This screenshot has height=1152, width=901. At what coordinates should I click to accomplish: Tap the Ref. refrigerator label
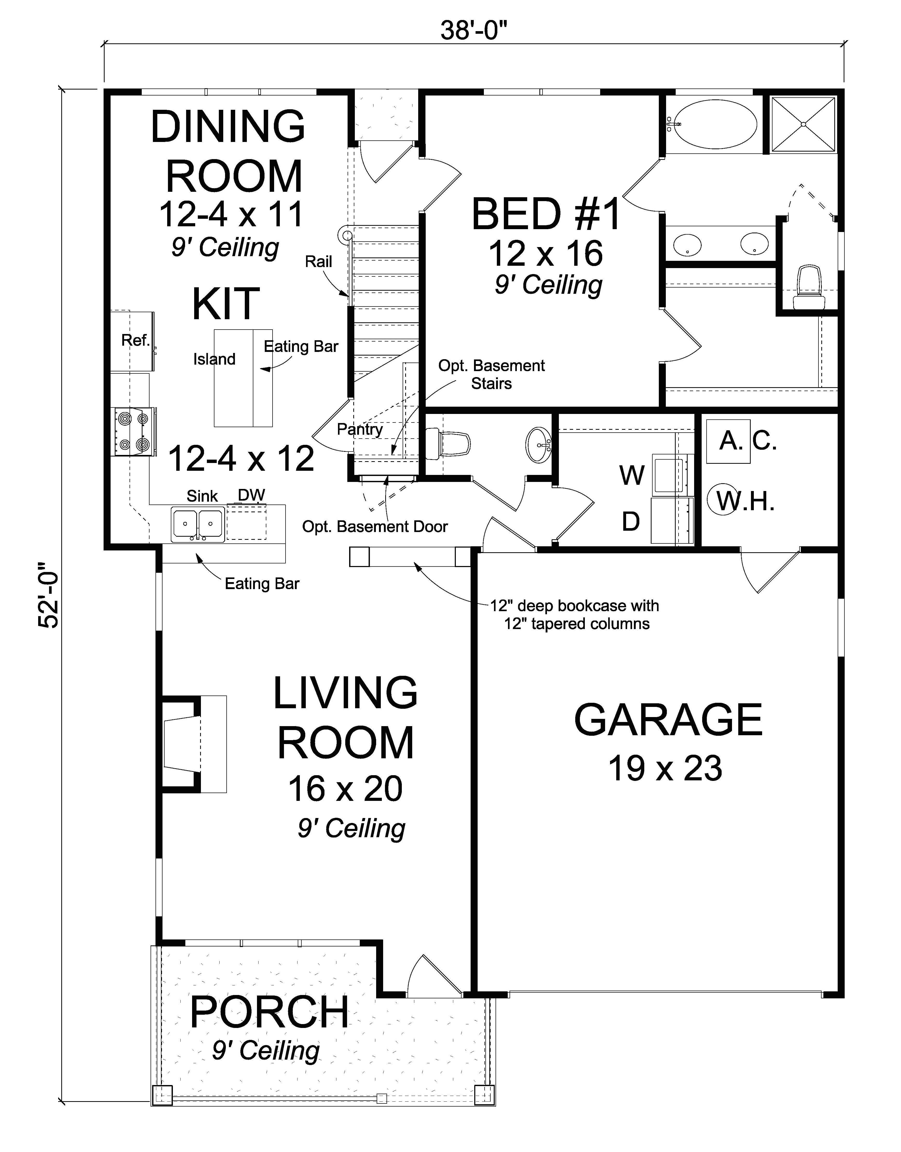pos(135,341)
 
